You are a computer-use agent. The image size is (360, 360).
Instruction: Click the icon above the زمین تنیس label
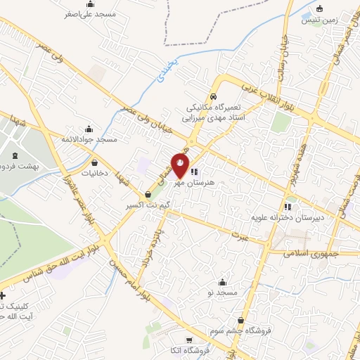coord(320,9)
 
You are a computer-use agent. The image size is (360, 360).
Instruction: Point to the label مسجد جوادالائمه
coord(89,139)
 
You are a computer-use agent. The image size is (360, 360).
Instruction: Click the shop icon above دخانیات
coord(94,162)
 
